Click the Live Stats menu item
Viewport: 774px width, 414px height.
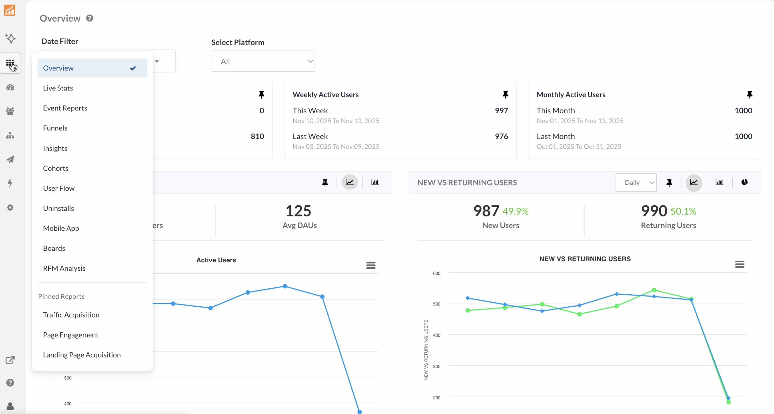pyautogui.click(x=58, y=88)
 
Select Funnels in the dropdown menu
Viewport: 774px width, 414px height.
pyautogui.click(x=55, y=128)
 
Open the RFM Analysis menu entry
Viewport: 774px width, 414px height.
pyautogui.click(x=64, y=268)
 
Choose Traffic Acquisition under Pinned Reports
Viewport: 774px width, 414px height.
pyautogui.click(x=71, y=315)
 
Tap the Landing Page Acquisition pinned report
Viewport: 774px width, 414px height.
pyautogui.click(x=82, y=355)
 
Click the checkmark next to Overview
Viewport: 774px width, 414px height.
pyautogui.click(x=133, y=68)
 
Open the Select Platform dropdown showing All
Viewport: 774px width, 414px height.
pyautogui.click(x=263, y=61)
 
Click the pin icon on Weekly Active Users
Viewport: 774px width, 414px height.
pyautogui.click(x=505, y=94)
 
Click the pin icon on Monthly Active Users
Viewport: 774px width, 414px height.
pyautogui.click(x=750, y=94)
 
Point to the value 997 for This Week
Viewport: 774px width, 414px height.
pyautogui.click(x=501, y=110)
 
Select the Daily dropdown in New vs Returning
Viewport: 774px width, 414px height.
pyautogui.click(x=636, y=183)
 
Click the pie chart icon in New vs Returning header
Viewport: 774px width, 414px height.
pyautogui.click(x=744, y=182)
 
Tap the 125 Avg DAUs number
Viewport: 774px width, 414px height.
pyautogui.click(x=298, y=211)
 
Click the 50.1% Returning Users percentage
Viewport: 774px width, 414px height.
pyautogui.click(x=683, y=211)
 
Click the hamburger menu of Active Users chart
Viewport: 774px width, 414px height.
pyautogui.click(x=370, y=265)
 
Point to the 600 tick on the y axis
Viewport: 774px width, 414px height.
pyautogui.click(x=437, y=273)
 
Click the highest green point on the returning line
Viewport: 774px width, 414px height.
pyautogui.click(x=654, y=290)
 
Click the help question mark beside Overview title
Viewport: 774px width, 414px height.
pyautogui.click(x=90, y=18)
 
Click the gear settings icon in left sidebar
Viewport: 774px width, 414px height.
pyautogui.click(x=10, y=207)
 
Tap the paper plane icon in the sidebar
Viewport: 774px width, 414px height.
pyautogui.click(x=10, y=159)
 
